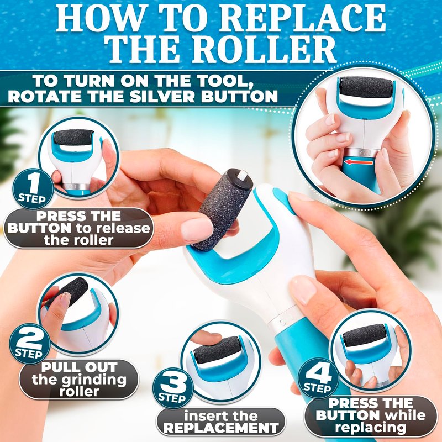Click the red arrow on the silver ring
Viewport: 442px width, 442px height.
pyautogui.click(x=358, y=162)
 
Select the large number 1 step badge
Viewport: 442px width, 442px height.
pyautogui.click(x=33, y=188)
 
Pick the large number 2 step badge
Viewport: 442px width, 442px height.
pyautogui.click(x=30, y=344)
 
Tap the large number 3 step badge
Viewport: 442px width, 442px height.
pyautogui.click(x=173, y=388)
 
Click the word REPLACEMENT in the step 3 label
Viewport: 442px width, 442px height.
pyautogui.click(x=221, y=428)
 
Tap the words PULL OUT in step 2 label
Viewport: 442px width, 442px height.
pyautogui.click(x=79, y=367)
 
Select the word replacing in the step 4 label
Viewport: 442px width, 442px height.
pyautogui.click(x=371, y=427)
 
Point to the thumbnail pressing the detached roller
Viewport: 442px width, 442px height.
pyautogui.click(x=197, y=229)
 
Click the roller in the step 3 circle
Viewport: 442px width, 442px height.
pyautogui.click(x=217, y=350)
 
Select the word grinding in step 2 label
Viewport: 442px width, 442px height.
pyautogui.click(x=94, y=380)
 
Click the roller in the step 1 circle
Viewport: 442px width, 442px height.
pyautogui.click(x=73, y=138)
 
